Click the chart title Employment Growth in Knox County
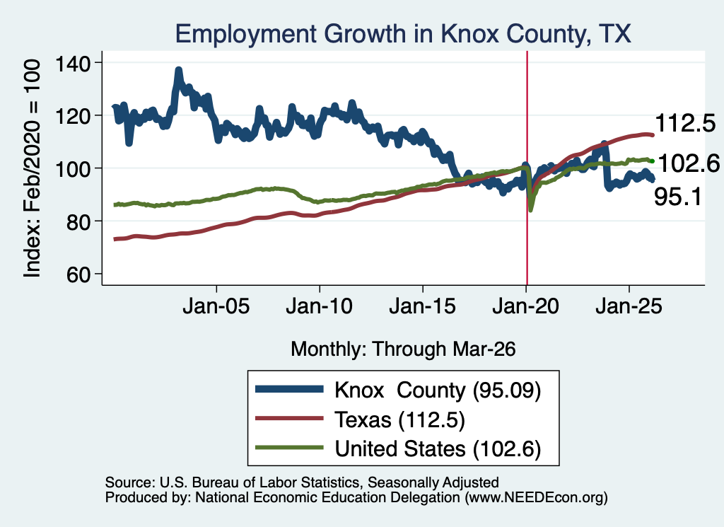point(402,34)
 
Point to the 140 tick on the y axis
point(73,63)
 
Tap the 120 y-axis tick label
point(73,115)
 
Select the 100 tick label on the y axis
point(73,168)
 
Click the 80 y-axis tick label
point(78,221)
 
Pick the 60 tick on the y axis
point(78,274)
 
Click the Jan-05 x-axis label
point(216,306)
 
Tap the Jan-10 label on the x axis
point(319,306)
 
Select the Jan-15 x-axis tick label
point(423,306)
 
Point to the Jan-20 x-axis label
point(525,306)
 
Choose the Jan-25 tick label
point(629,306)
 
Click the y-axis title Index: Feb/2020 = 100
point(32,168)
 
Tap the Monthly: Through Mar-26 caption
point(403,349)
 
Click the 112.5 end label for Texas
point(685,123)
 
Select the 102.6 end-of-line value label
point(689,163)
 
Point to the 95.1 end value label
point(678,197)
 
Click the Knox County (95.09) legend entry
point(398,390)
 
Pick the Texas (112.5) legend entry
point(360,419)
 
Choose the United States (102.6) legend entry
point(398,448)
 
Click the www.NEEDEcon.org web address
point(537,497)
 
